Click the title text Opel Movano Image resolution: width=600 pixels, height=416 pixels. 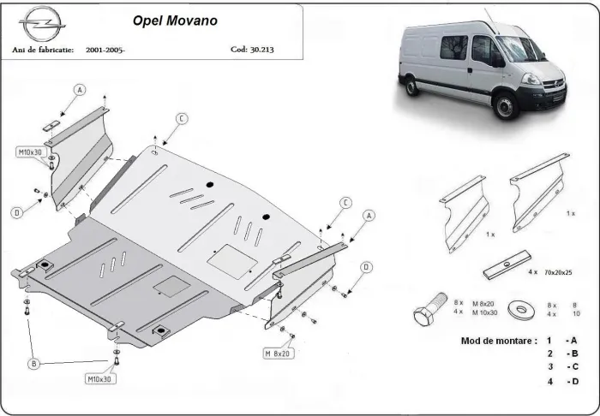tap(174, 18)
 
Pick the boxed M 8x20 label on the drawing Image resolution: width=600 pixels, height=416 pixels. tap(279, 353)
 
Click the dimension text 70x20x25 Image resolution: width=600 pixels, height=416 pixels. tap(561, 271)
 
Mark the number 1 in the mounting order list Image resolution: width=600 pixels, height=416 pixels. tap(549, 340)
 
